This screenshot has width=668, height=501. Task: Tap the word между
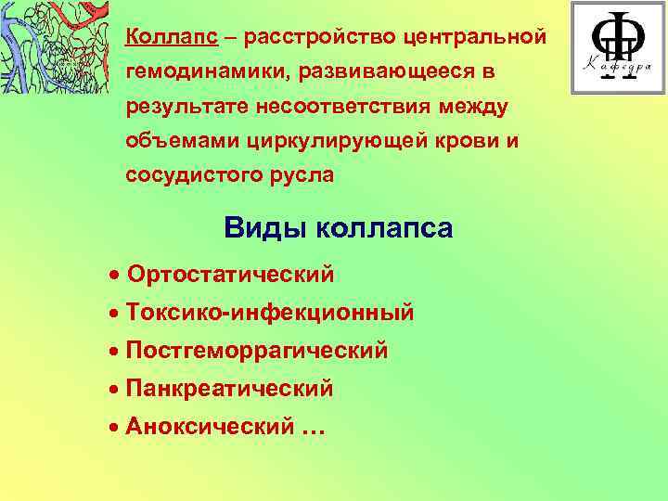(x=473, y=109)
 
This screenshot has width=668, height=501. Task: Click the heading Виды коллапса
(x=339, y=228)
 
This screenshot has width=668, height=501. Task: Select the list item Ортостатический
(x=231, y=275)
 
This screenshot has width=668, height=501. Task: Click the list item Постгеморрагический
(x=257, y=351)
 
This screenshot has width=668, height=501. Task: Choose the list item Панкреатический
(x=229, y=389)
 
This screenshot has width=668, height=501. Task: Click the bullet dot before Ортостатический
(x=113, y=276)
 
